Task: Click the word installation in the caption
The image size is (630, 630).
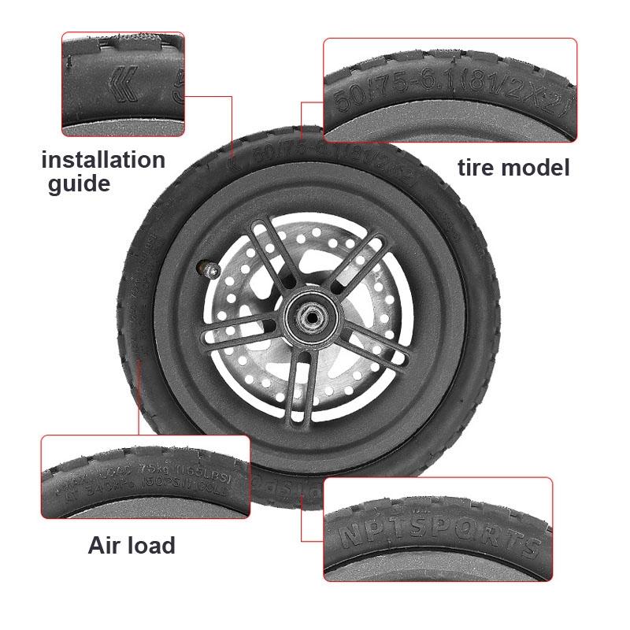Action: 103,161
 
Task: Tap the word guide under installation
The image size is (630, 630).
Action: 79,184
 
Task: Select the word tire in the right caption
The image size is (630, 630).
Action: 480,168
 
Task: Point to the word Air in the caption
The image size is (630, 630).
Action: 107,545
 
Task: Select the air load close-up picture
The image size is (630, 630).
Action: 145,476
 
